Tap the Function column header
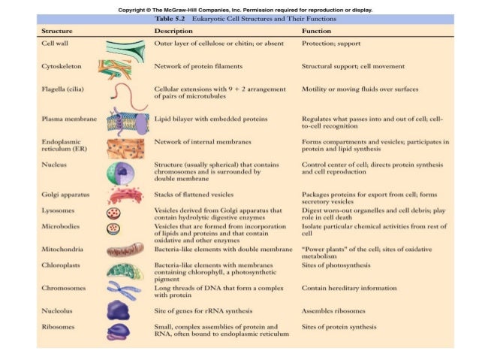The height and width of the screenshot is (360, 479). (x=317, y=32)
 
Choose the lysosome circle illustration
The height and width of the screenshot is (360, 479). (x=113, y=213)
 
